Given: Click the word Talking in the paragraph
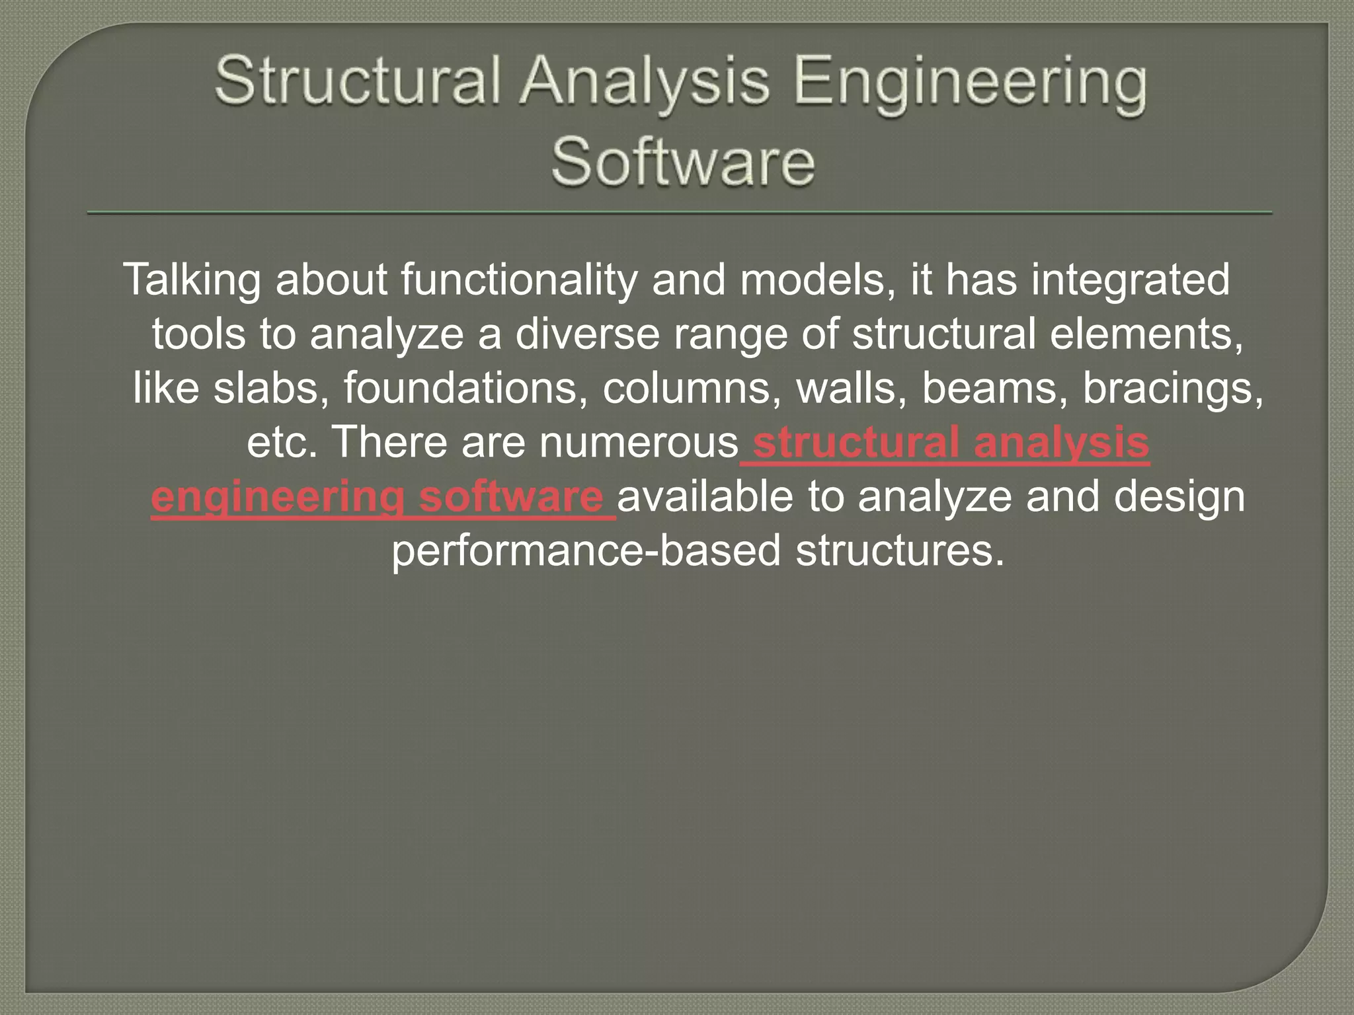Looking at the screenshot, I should coord(192,280).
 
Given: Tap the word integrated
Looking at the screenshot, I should coord(1130,280).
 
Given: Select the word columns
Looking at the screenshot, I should coord(692,389).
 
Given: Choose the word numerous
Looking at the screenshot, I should coord(639,443).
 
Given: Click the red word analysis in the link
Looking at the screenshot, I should coord(1062,443).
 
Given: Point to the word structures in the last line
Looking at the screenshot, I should coord(900,551).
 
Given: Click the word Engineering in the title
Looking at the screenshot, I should coord(970,83).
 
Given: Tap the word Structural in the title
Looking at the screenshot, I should coord(357,83).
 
